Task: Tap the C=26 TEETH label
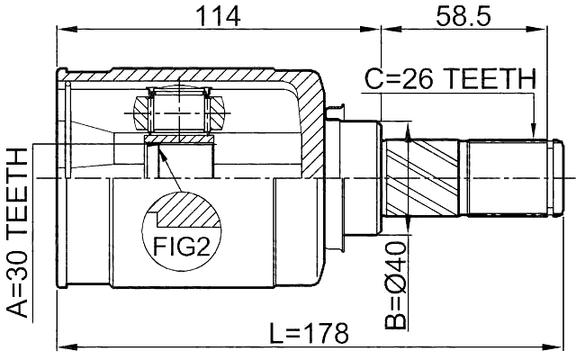[x=450, y=81]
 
